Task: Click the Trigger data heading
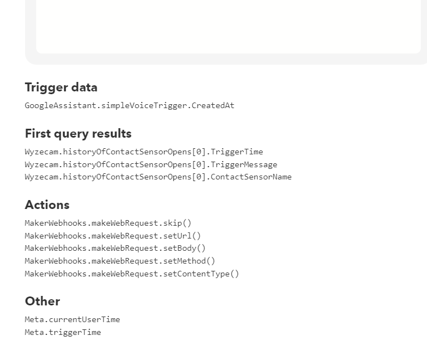[61, 87]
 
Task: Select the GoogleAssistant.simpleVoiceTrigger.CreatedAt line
[130, 106]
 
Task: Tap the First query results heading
[78, 134]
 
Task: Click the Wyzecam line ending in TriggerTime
[144, 152]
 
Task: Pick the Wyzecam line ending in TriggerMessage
[151, 164]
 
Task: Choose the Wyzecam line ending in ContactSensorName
[158, 177]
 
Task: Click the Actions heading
[47, 205]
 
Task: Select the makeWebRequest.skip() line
[108, 223]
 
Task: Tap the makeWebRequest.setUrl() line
[113, 236]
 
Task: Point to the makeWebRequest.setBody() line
[115, 249]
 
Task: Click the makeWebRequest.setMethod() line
[120, 261]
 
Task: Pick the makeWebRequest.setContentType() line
[132, 274]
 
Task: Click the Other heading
[42, 301]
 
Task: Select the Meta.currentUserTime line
[72, 319]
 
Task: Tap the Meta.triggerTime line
[63, 332]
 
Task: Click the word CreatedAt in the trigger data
[213, 106]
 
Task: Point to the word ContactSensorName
[251, 177]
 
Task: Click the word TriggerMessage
[244, 164]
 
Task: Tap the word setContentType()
[201, 274]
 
